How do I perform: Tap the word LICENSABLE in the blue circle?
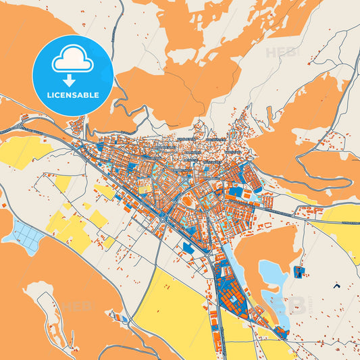pyautogui.click(x=73, y=95)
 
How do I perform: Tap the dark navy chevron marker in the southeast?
pyautogui.click(x=336, y=286)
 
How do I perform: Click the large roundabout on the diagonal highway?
pyautogui.click(x=163, y=218)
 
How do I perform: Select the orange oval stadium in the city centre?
pyautogui.click(x=186, y=201)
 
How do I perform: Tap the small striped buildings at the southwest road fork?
pyautogui.click(x=120, y=318)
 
